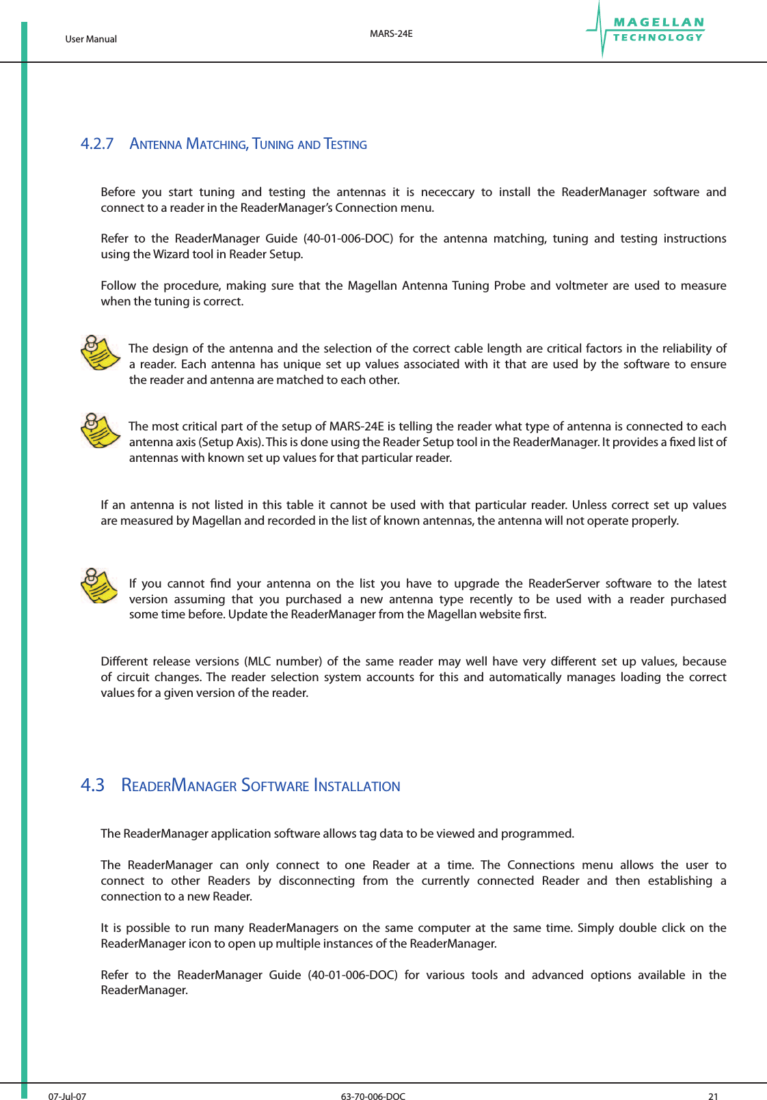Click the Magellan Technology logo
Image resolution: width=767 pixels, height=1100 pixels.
click(x=646, y=30)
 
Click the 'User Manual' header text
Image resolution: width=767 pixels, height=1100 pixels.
click(x=91, y=39)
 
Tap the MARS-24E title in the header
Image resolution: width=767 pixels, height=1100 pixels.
click(x=391, y=33)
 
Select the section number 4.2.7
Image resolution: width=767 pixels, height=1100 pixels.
click(x=97, y=143)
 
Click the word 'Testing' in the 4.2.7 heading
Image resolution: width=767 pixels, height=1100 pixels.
click(x=345, y=144)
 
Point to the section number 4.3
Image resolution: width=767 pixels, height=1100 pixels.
click(x=92, y=785)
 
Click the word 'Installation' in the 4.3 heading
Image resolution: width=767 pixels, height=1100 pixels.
click(x=357, y=786)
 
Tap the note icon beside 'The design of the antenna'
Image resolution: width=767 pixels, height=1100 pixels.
click(x=100, y=353)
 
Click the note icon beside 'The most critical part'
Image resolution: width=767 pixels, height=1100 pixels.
click(x=100, y=430)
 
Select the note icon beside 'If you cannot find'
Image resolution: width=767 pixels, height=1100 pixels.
click(x=100, y=586)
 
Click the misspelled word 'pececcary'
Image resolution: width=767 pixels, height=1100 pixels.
click(x=448, y=192)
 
